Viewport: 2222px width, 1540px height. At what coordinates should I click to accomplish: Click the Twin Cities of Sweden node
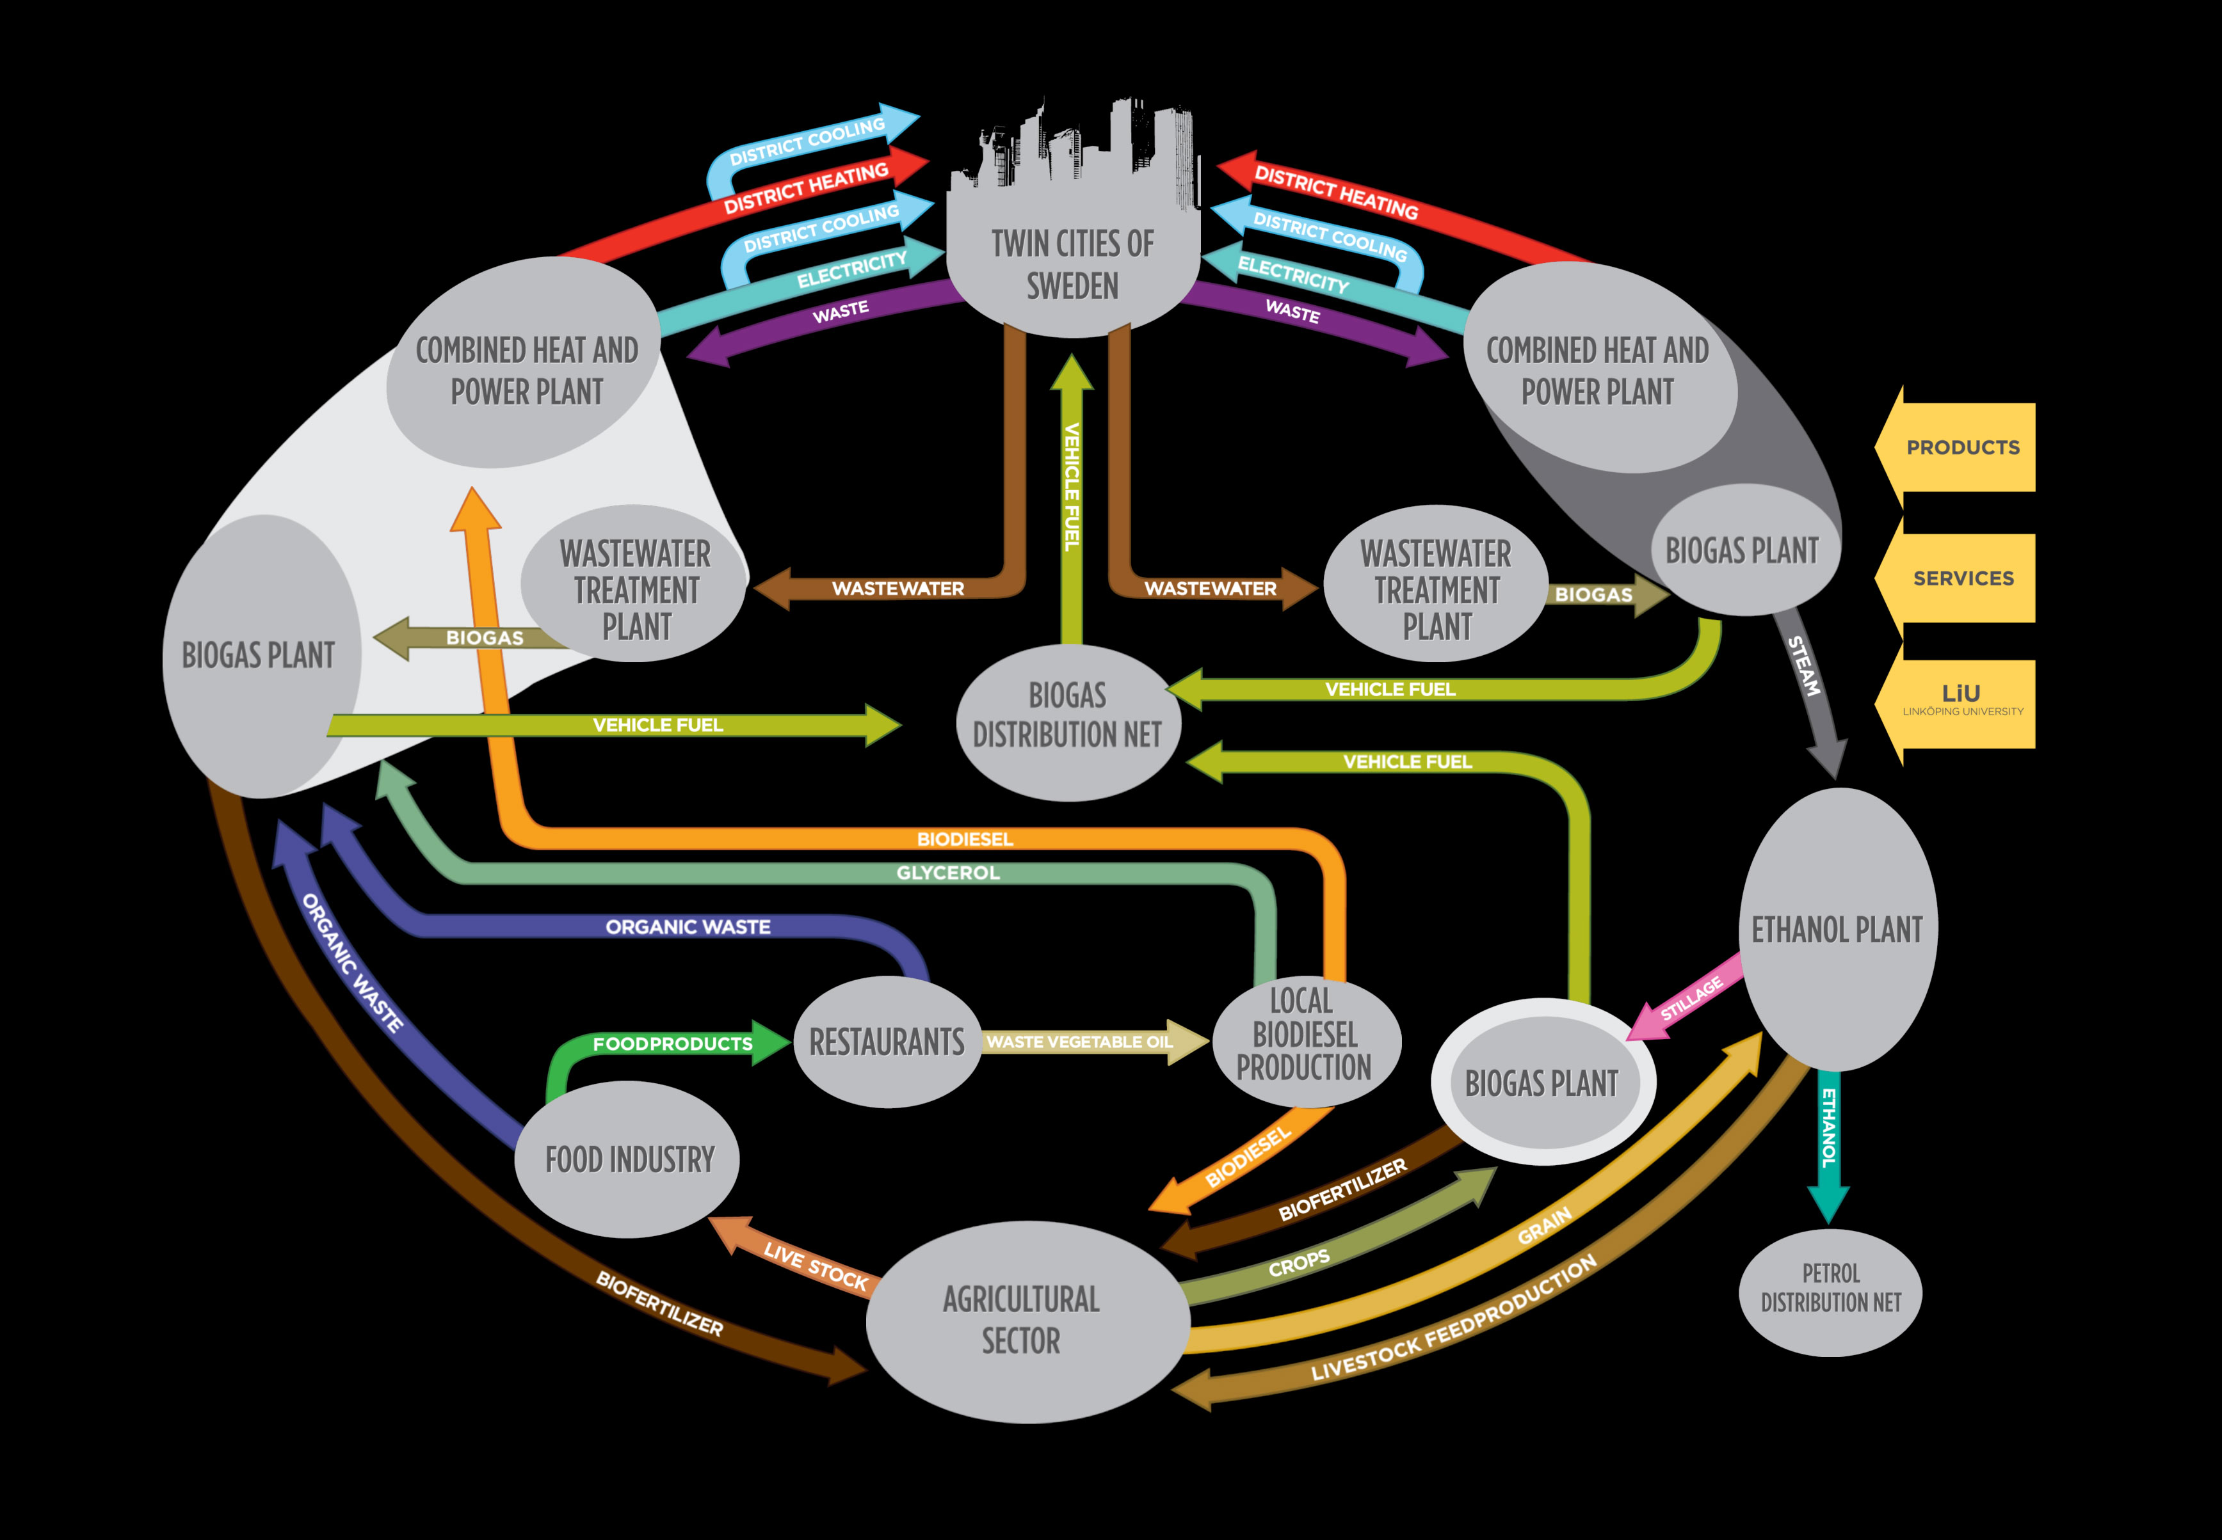[x=1072, y=266]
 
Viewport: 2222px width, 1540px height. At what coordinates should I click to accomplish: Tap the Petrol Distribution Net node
[x=1830, y=1290]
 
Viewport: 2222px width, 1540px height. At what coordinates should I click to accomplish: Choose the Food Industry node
[x=629, y=1159]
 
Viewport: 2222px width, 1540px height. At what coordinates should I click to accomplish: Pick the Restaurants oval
[x=886, y=1042]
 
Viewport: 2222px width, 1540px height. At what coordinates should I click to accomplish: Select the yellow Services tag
[x=1961, y=578]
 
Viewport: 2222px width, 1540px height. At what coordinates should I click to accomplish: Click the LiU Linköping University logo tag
[x=1961, y=701]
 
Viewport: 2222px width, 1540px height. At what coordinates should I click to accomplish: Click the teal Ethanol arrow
[x=1827, y=1139]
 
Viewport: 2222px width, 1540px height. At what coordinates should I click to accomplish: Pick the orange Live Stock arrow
[x=811, y=1261]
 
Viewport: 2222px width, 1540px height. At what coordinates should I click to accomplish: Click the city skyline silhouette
[x=1081, y=154]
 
